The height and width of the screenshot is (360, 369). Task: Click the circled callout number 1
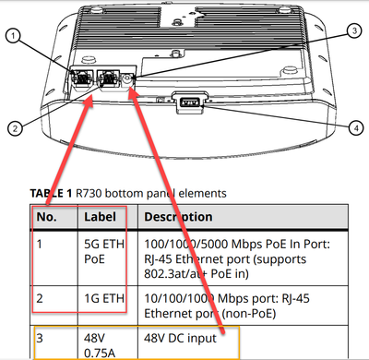pos(13,36)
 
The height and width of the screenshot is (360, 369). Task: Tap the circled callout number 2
pos(15,128)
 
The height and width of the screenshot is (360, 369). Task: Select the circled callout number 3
pos(354,30)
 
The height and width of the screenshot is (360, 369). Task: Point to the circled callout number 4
pos(356,127)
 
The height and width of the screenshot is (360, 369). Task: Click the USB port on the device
pos(190,102)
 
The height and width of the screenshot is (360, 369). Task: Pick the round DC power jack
pos(127,79)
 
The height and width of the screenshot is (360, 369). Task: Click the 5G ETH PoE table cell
pos(104,251)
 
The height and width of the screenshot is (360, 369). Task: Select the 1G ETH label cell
pos(104,298)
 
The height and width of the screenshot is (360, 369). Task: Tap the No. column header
pos(47,217)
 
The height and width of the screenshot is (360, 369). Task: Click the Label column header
pos(100,217)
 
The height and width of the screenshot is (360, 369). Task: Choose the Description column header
pos(178,217)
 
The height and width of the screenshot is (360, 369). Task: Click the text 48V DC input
pos(180,338)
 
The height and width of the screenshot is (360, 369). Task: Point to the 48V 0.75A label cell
pos(100,345)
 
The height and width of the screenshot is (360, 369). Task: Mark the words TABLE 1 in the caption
pos(51,193)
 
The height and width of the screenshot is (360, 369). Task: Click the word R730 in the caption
pos(89,193)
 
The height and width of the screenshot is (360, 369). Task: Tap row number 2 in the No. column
pos(40,298)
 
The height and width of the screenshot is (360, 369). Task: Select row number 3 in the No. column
pos(40,338)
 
